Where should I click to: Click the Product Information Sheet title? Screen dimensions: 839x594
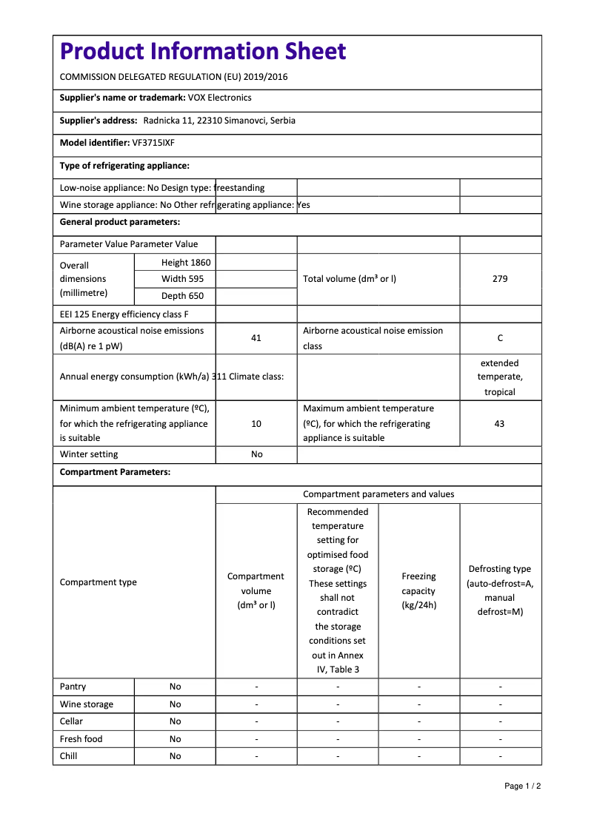tap(203, 51)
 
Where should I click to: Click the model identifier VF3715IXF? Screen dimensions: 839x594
tap(153, 143)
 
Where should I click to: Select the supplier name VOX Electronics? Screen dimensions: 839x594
tap(219, 98)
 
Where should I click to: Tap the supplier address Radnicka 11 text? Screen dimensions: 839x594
tap(219, 121)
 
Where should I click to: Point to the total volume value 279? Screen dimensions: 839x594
tap(500, 279)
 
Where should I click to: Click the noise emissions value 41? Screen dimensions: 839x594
tap(256, 338)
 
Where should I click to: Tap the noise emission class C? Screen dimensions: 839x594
tap(500, 338)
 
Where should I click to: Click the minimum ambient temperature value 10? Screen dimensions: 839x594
tap(256, 424)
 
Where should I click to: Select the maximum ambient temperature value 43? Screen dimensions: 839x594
tap(500, 424)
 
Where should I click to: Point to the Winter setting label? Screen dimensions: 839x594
tap(89, 454)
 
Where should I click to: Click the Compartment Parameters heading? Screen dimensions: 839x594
tap(115, 472)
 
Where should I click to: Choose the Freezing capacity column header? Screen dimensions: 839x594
tap(418, 590)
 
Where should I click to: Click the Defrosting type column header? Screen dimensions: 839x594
tap(500, 590)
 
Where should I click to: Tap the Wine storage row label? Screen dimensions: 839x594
tap(87, 704)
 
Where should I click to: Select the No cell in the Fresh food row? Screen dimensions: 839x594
tap(175, 739)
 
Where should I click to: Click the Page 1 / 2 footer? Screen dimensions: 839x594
tap(522, 786)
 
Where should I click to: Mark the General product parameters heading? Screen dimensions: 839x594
tap(120, 222)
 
